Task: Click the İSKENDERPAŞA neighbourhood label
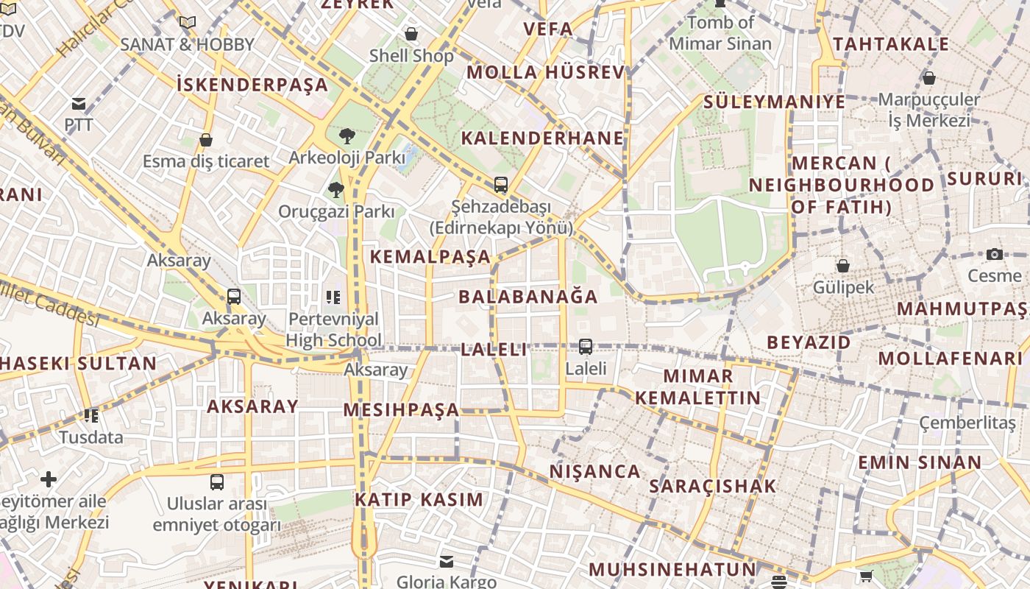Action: (x=252, y=85)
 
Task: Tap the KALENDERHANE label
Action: (x=542, y=138)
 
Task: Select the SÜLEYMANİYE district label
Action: (x=774, y=102)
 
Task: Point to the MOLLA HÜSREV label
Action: (x=545, y=72)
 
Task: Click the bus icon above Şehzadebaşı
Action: (x=501, y=185)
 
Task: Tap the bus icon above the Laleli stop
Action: (x=586, y=346)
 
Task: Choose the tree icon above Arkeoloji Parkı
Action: (x=347, y=136)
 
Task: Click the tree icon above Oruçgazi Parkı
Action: (x=336, y=190)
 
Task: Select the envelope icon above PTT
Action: (x=79, y=104)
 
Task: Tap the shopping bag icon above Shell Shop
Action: (x=411, y=34)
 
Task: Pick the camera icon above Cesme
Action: (x=995, y=255)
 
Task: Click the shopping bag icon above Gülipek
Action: (x=843, y=266)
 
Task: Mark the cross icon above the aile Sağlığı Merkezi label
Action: (x=49, y=480)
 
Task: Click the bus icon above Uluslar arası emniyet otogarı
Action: (x=217, y=482)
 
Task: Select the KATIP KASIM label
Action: (x=419, y=500)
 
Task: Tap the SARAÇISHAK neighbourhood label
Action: (x=712, y=486)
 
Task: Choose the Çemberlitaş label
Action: (x=967, y=423)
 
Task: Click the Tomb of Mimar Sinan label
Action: (x=720, y=32)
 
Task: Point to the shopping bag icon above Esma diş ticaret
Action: (x=206, y=140)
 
